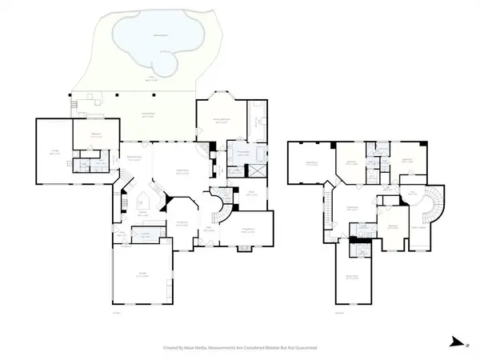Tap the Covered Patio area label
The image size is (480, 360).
click(x=143, y=118)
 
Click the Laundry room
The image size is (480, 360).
click(x=146, y=235)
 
